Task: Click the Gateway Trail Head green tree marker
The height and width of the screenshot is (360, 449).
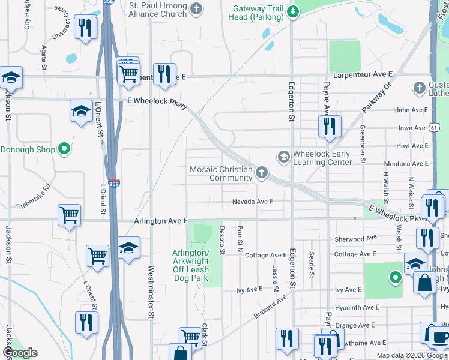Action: pyautogui.click(x=292, y=11)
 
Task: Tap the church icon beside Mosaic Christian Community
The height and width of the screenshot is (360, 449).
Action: pyautogui.click(x=261, y=173)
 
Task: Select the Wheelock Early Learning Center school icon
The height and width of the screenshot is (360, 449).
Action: pyautogui.click(x=283, y=157)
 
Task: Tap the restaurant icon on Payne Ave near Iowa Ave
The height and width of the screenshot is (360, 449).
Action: pyautogui.click(x=329, y=126)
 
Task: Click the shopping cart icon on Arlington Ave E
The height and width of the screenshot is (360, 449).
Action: pyautogui.click(x=70, y=214)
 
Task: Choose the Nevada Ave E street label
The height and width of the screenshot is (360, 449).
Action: pyautogui.click(x=253, y=202)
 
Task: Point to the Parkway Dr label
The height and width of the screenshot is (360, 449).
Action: pyautogui.click(x=376, y=97)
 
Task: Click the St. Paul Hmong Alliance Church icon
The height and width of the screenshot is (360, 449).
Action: pyautogui.click(x=196, y=9)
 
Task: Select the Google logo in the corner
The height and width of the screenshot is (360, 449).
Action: pyautogui.click(x=20, y=353)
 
